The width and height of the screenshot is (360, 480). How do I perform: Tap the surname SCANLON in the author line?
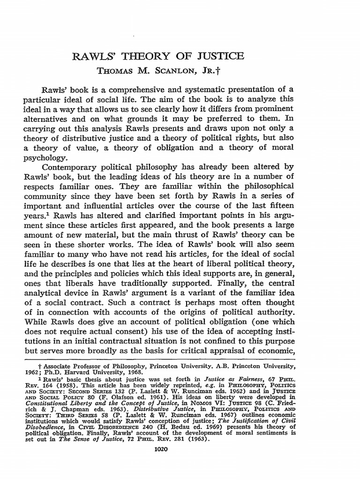pyautogui.click(x=175, y=71)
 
